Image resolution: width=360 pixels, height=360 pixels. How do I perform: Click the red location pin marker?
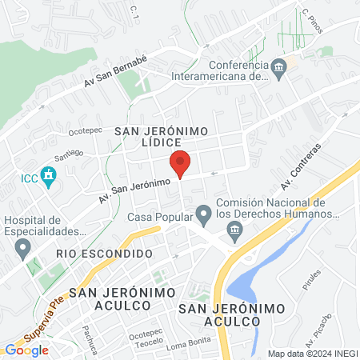point(181,164)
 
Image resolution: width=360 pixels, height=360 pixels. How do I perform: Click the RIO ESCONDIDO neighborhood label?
point(104,253)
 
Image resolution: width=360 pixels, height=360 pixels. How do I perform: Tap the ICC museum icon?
point(48,174)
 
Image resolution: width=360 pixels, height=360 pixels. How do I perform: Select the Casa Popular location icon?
point(204,214)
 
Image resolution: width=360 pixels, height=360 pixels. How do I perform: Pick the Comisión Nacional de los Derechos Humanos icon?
point(235,233)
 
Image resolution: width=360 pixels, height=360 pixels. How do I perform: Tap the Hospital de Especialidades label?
point(44,226)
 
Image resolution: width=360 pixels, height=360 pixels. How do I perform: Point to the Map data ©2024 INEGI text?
point(312,353)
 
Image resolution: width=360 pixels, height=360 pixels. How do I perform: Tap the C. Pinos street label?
point(312,19)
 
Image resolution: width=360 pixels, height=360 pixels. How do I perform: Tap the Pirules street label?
point(312,281)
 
